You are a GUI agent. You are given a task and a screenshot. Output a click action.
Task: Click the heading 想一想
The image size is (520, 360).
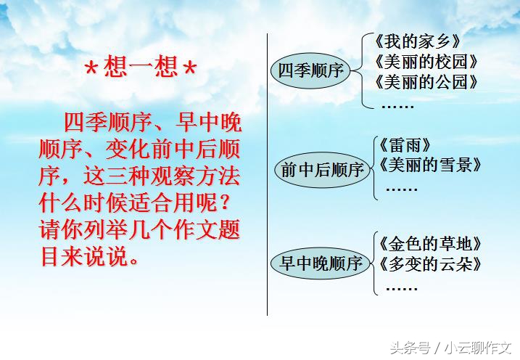(x=140, y=70)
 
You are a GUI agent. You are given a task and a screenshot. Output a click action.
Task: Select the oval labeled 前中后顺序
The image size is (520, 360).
(x=321, y=170)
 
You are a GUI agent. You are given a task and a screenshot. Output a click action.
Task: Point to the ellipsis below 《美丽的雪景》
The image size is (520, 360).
(x=401, y=189)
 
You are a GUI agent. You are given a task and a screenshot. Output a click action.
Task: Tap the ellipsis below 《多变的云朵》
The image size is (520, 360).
(x=401, y=287)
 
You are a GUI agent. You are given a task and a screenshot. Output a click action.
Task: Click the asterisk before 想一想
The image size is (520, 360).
(x=92, y=71)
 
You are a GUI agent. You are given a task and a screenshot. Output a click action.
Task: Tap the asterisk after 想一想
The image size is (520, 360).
(x=189, y=71)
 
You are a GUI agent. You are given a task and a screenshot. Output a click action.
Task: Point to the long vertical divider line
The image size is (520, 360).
(x=268, y=174)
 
